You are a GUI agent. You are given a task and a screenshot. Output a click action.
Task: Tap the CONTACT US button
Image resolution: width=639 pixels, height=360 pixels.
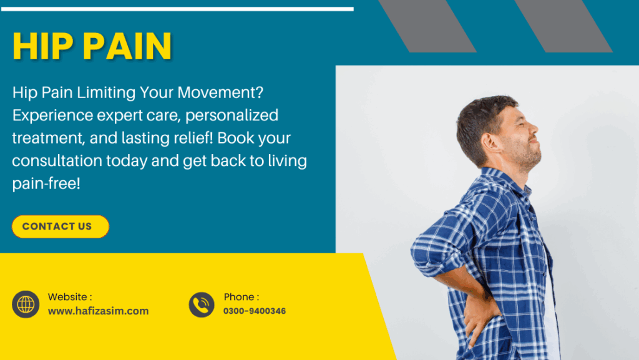61,226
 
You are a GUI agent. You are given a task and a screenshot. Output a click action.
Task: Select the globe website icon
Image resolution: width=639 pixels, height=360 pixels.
26,304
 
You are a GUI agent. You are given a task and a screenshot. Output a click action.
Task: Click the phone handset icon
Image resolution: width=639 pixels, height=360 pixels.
202,304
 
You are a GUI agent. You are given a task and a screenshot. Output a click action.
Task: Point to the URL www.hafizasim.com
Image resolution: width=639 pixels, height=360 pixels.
98,311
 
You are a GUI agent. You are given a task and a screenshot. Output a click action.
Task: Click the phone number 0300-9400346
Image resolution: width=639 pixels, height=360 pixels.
255,311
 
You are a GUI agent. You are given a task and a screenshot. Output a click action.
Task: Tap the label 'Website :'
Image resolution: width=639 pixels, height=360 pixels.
70,297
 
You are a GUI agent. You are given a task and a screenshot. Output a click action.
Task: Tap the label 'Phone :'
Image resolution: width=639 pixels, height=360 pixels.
241,297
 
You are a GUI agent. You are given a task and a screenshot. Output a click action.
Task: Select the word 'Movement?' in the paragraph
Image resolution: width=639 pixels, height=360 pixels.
220,92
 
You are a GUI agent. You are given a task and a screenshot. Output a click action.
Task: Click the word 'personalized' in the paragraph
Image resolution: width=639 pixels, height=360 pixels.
232,115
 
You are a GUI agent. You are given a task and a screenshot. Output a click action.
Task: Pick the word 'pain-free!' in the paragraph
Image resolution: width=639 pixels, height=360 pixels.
46,183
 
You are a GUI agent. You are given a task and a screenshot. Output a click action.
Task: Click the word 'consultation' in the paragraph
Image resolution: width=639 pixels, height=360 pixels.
57,161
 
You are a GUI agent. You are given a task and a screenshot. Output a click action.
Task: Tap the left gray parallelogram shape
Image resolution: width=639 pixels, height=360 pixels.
427,26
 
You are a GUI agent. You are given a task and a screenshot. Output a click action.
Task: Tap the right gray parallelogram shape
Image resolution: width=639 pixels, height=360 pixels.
563,26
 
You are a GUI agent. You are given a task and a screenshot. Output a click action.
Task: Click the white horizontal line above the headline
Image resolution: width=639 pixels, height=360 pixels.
177,9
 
